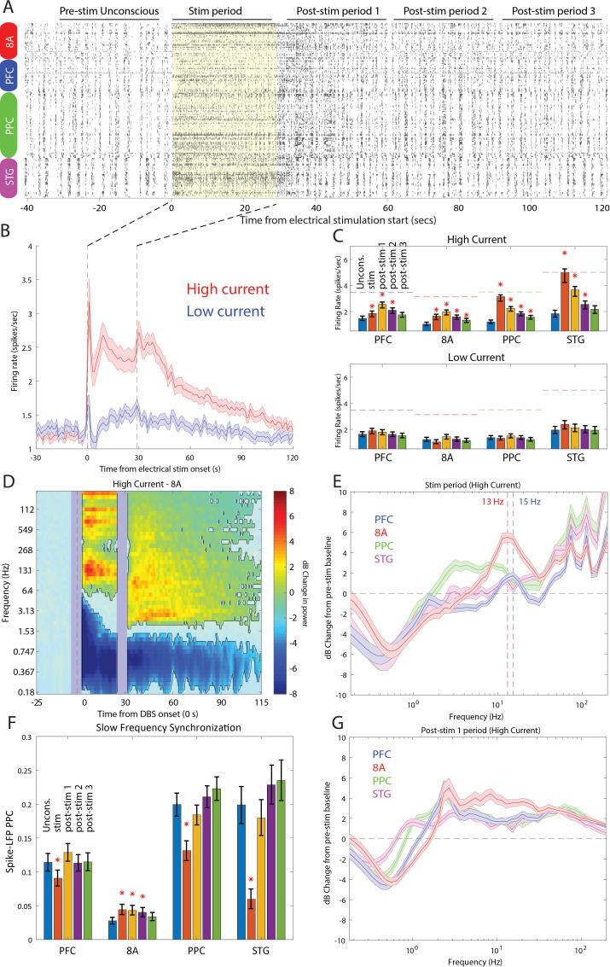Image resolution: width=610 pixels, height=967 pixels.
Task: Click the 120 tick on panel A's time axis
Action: pyautogui.click(x=603, y=208)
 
